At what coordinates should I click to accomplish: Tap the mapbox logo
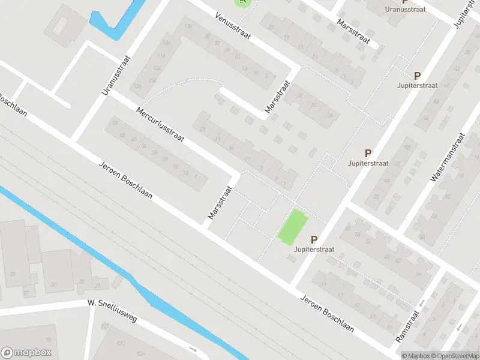[26, 353]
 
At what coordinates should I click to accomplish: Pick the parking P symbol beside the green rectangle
[314, 239]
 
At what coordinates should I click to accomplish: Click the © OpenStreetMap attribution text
[454, 356]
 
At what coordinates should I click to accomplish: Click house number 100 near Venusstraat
[188, 26]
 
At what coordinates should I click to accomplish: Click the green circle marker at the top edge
[242, 2]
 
